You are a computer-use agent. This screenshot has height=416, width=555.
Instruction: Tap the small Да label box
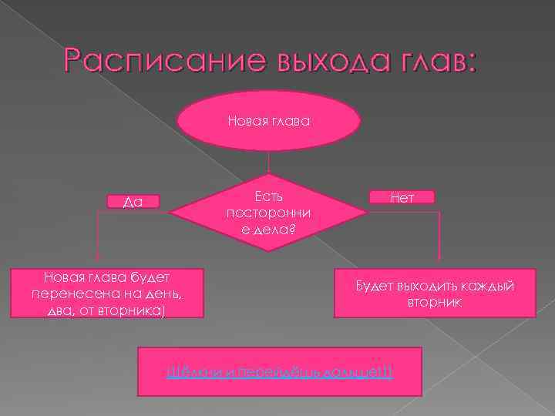(133, 202)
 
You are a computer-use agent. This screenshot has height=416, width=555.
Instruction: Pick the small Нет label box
(402, 197)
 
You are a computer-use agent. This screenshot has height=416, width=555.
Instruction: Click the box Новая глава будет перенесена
(107, 293)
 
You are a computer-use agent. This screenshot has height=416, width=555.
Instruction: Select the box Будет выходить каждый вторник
(434, 294)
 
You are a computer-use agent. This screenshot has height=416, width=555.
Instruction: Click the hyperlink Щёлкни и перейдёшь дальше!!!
(280, 372)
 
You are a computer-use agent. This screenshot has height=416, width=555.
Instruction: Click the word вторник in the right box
(434, 303)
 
